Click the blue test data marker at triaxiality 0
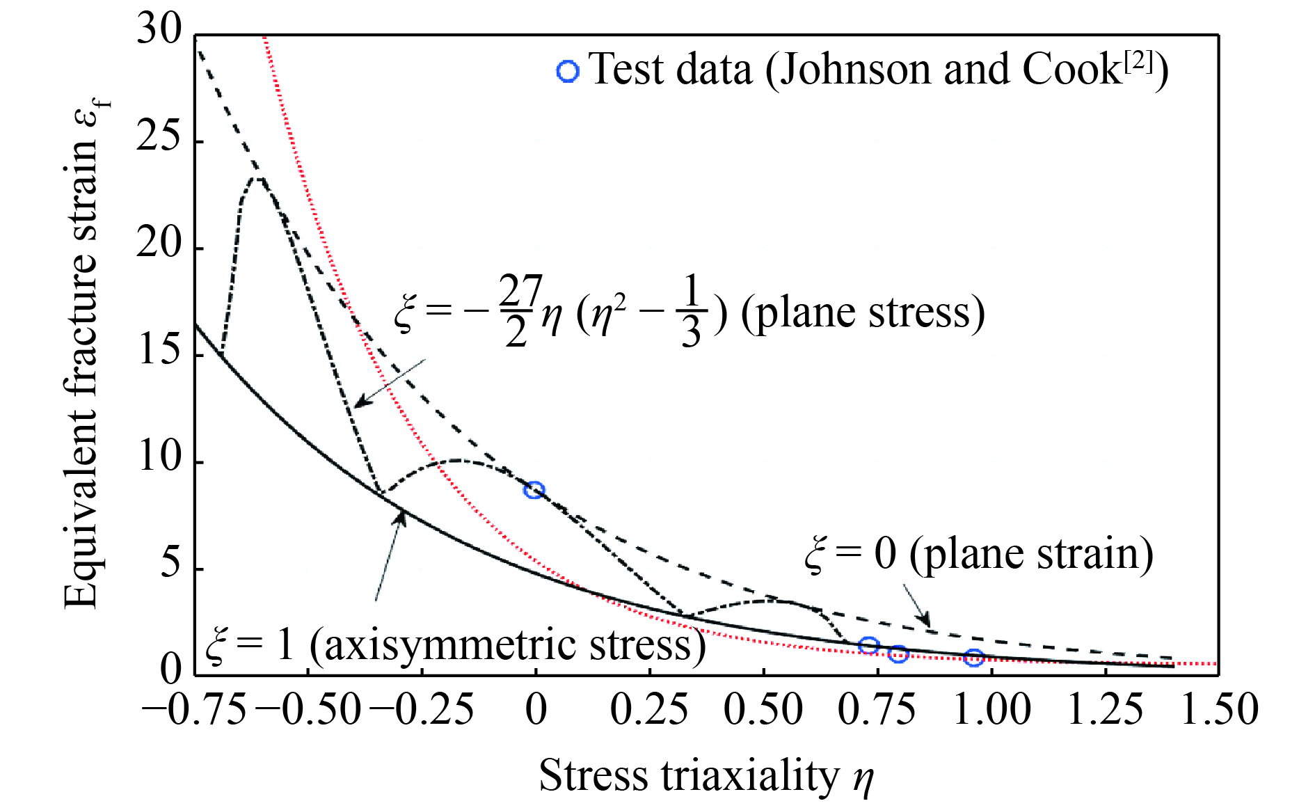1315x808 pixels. [x=534, y=490]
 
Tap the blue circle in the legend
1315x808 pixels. [x=568, y=72]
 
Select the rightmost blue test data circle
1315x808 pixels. [x=973, y=658]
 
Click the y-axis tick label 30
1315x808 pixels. [x=159, y=31]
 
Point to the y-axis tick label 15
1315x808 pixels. [x=159, y=351]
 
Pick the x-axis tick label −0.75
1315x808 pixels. [x=194, y=710]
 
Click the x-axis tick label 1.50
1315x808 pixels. [x=1219, y=710]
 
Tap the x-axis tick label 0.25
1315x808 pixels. [x=649, y=710]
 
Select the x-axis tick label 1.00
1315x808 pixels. [x=991, y=710]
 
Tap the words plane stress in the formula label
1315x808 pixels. [x=862, y=312]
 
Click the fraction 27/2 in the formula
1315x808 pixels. [x=520, y=310]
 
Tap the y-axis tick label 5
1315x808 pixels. [x=170, y=564]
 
